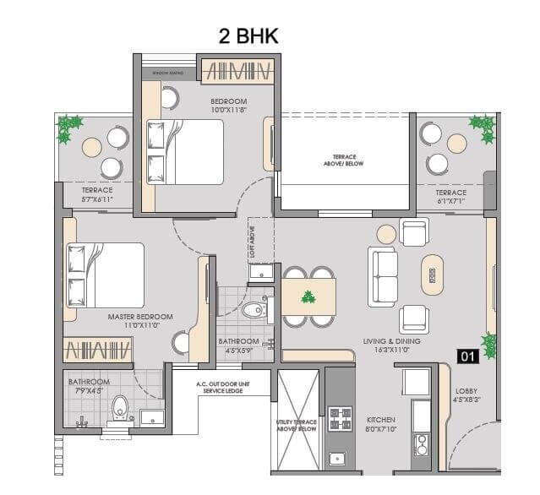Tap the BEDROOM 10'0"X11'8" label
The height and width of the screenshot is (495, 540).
[x=228, y=106]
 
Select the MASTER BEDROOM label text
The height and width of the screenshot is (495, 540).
[x=139, y=322]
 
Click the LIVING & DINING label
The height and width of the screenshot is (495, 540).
[x=386, y=345]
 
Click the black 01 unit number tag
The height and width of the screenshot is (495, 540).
[x=468, y=356]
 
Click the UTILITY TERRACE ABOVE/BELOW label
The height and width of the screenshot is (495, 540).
[x=297, y=425]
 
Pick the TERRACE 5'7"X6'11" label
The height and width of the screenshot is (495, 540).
[x=97, y=195]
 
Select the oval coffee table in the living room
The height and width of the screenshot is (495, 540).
[x=432, y=275]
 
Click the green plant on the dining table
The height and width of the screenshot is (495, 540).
[x=308, y=297]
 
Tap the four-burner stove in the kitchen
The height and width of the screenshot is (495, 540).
[x=341, y=420]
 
